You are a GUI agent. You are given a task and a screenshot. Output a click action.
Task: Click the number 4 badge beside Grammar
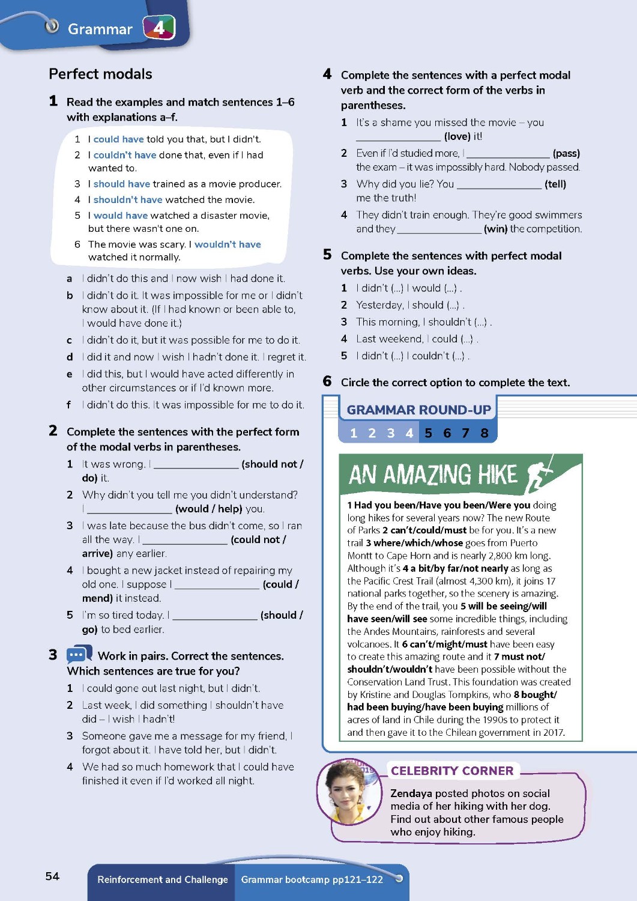pos(158,28)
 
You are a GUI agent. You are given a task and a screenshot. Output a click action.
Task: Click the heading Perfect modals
pos(100,74)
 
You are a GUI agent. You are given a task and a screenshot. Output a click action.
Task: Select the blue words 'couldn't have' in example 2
pos(125,155)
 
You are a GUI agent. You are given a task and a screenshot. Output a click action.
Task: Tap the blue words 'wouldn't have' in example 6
pos(228,244)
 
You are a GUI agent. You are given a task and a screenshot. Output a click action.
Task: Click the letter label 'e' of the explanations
pos(70,374)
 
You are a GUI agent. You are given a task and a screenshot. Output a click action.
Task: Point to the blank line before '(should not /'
pos(196,465)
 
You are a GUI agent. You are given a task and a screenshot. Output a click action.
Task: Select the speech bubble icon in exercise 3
pos(79,654)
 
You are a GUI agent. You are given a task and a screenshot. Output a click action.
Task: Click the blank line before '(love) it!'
pos(398,138)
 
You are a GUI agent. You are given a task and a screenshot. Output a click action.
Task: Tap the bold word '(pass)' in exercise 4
pos(566,153)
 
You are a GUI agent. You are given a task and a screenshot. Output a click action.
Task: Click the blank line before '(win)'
pos(439,229)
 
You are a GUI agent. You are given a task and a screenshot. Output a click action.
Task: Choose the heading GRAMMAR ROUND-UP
pos(418,410)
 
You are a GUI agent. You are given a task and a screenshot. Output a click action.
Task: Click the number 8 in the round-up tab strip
pos(485,433)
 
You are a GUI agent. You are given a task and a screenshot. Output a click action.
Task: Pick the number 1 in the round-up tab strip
pos(354,433)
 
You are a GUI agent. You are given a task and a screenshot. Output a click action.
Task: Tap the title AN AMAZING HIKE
pos(432,475)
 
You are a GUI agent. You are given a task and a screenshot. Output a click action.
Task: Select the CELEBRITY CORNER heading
pos(452,771)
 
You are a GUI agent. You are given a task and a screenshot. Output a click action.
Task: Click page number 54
pos(53,876)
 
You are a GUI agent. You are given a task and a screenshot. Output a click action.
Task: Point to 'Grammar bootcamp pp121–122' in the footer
pos(312,879)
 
